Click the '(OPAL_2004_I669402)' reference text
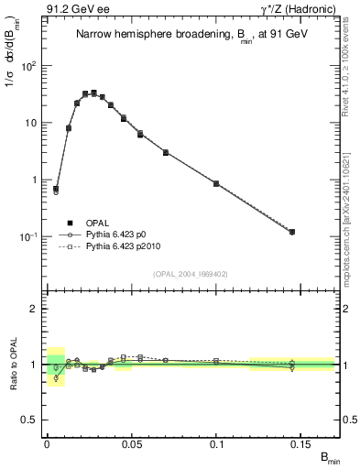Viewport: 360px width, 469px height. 190,273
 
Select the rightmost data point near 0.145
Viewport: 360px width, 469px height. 292,232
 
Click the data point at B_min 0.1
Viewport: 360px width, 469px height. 216,183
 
